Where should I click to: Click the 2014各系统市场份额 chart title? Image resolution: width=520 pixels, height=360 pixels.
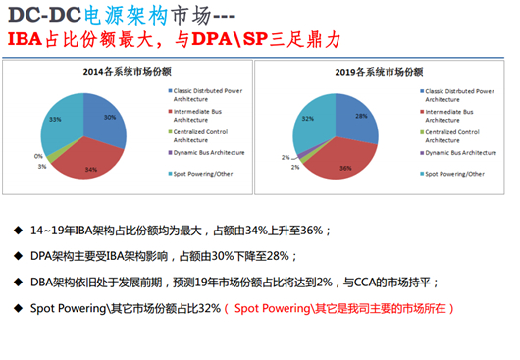[x=128, y=72]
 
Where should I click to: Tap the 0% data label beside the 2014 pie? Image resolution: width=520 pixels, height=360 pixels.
[x=38, y=156]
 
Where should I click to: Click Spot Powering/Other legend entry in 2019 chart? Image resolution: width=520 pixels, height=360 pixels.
[x=451, y=173]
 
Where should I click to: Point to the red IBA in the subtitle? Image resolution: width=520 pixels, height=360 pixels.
[x=26, y=42]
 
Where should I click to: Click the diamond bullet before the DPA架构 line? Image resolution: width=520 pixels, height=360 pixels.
[x=20, y=256]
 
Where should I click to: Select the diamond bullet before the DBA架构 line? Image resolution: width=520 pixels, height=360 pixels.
[x=20, y=282]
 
